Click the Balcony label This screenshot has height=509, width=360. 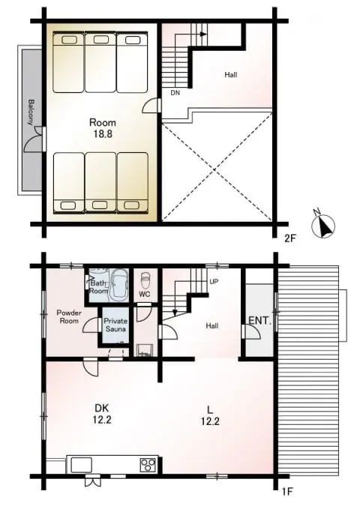31,112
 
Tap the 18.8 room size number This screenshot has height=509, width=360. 103,134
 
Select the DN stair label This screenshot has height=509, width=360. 175,93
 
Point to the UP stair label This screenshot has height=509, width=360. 214,282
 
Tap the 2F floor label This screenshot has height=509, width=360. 290,239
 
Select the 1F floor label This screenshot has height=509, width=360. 287,492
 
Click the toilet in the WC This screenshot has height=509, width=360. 145,279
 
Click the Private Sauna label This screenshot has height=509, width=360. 115,325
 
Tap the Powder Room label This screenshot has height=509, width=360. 69,317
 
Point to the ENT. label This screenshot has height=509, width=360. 259,321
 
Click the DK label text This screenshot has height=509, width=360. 102,408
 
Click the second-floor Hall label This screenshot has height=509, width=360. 231,75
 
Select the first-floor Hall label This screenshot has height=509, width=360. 211,325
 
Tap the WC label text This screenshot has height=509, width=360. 145,295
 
